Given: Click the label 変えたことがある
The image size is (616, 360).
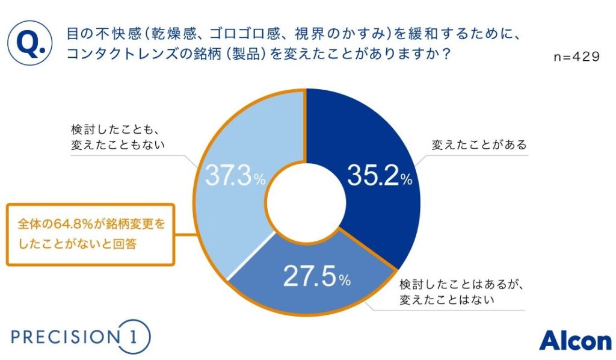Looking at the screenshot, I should pyautogui.click(x=479, y=145).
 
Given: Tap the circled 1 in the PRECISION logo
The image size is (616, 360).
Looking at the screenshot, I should pyautogui.click(x=132, y=337).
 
